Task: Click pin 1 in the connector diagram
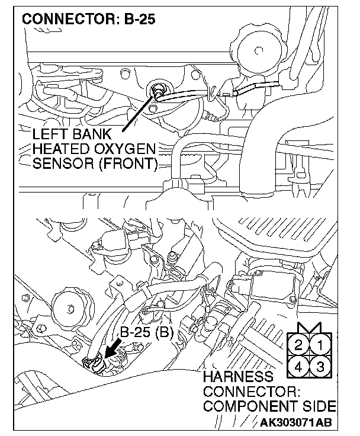click(x=320, y=345)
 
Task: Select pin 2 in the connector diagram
click(x=300, y=345)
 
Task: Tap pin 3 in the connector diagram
click(x=320, y=365)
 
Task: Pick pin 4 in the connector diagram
click(x=300, y=365)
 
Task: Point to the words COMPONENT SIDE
click(x=269, y=408)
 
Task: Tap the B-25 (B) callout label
click(x=146, y=333)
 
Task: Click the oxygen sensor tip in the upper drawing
click(x=159, y=91)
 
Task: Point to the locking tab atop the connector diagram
click(x=310, y=328)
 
